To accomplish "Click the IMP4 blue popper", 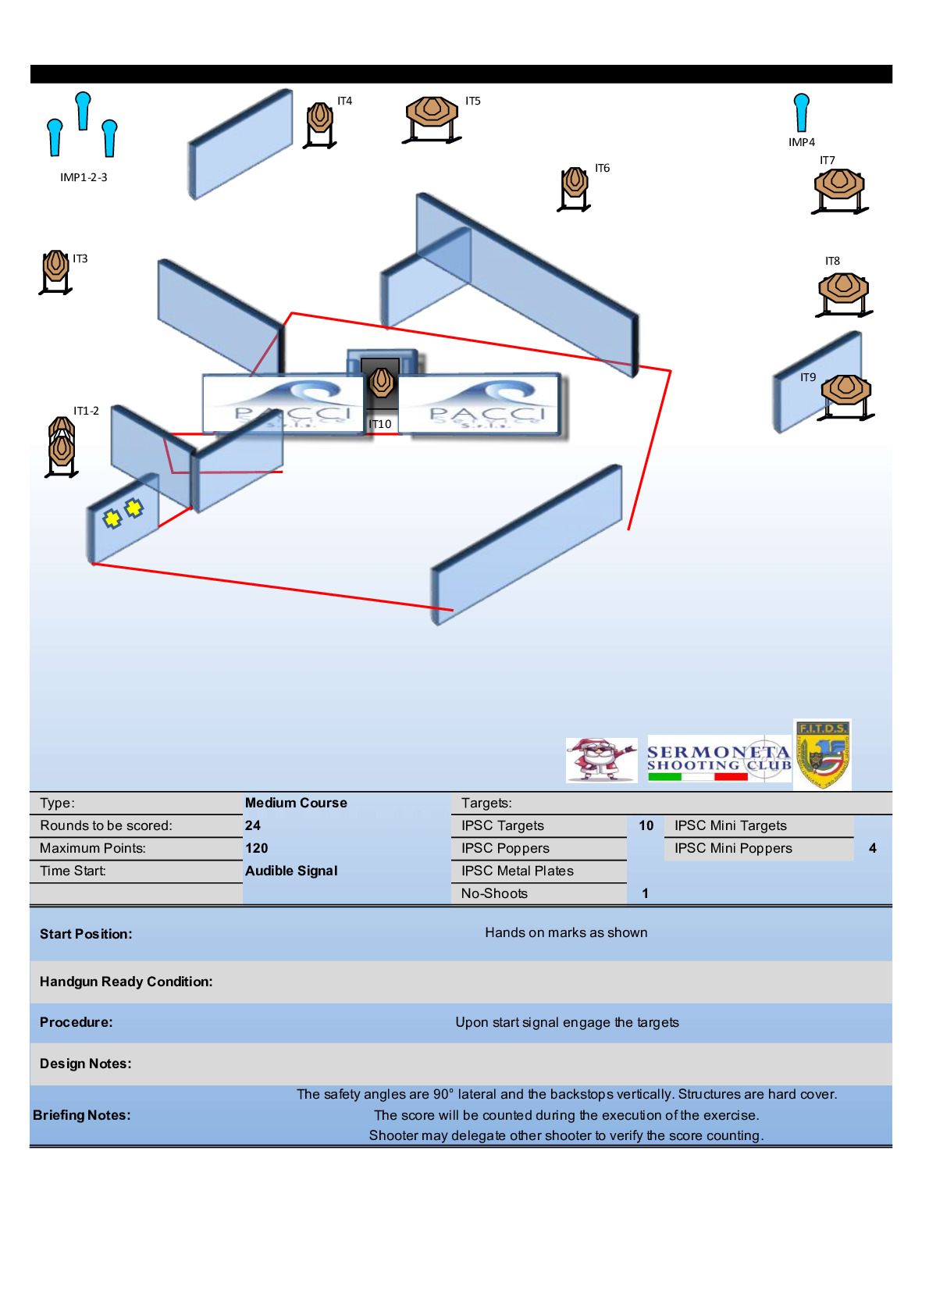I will coord(801,112).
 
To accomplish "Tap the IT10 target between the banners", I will coord(381,383).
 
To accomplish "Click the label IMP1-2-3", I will coord(84,177).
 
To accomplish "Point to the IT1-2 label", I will coord(86,411).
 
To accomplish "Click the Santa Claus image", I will coord(601,760).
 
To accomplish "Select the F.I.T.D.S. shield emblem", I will coord(822,754).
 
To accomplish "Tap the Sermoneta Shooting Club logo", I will coord(719,760).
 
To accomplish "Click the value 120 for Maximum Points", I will coord(257,848).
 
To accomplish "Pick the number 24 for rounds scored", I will coord(253,825).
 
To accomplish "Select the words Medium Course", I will coord(296,803).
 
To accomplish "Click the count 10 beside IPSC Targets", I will coord(646,825).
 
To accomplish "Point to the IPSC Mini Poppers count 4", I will coord(873,848).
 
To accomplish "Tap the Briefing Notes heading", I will coord(82,1115).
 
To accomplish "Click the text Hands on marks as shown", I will coord(566,932).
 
